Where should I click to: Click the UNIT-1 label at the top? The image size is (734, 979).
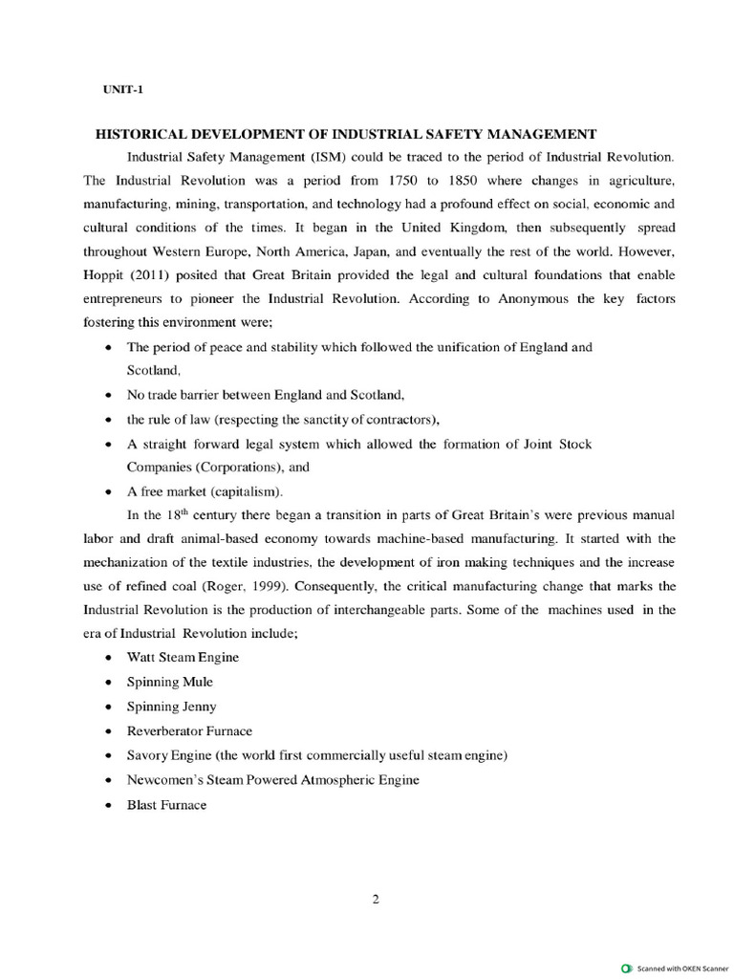pos(123,89)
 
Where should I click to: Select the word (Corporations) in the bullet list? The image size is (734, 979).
pos(239,468)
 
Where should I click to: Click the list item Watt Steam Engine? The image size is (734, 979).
pos(183,657)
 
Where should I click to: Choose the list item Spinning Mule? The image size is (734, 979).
pos(169,682)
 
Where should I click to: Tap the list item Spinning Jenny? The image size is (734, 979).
pos(171,707)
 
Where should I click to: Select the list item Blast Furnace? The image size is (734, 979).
pos(166,804)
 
